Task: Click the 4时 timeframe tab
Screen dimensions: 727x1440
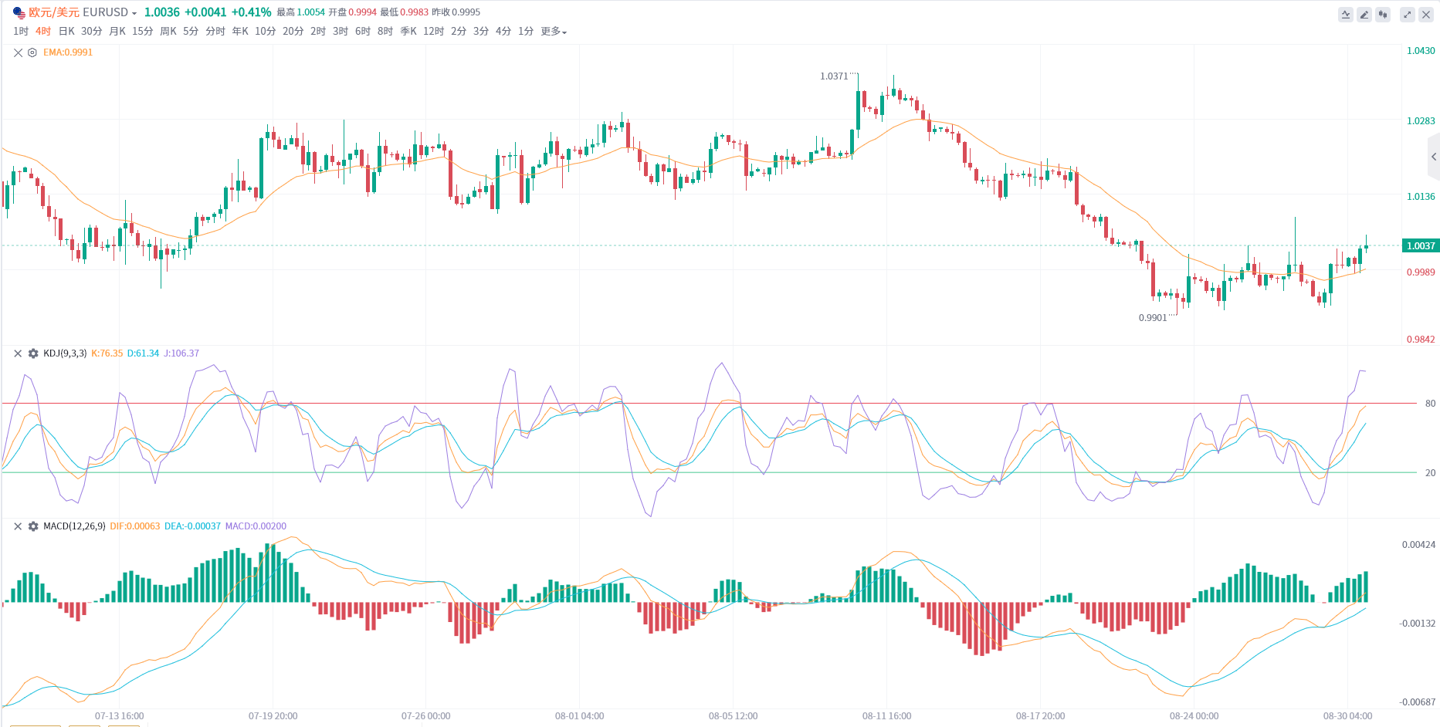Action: coord(43,31)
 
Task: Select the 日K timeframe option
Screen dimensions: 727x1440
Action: coord(66,31)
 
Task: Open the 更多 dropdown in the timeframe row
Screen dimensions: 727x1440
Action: coord(553,31)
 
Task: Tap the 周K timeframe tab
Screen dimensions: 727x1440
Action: coord(168,31)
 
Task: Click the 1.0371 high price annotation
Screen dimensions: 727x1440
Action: coord(834,76)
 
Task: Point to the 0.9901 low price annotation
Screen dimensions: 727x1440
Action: coord(1153,318)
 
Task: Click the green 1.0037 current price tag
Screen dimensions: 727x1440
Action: coord(1420,246)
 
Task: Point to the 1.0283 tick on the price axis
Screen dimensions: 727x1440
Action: coord(1420,121)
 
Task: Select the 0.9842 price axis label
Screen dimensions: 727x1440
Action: coord(1420,340)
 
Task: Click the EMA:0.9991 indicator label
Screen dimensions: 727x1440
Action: coord(68,52)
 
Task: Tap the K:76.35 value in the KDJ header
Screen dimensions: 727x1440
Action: coord(107,353)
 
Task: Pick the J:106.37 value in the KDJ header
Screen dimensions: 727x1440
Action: coord(181,353)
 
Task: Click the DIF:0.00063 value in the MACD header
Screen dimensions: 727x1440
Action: coord(135,526)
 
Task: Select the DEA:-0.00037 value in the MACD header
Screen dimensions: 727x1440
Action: coord(192,526)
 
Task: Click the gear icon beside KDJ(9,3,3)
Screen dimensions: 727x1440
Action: coord(33,353)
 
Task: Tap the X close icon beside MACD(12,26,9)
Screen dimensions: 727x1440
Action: coord(18,526)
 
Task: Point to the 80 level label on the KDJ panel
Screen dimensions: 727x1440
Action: coord(1430,404)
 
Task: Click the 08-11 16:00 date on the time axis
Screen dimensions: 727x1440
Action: coord(886,716)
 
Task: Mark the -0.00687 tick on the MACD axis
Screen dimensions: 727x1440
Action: coord(1417,702)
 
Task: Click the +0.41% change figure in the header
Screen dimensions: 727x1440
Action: coord(251,12)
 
